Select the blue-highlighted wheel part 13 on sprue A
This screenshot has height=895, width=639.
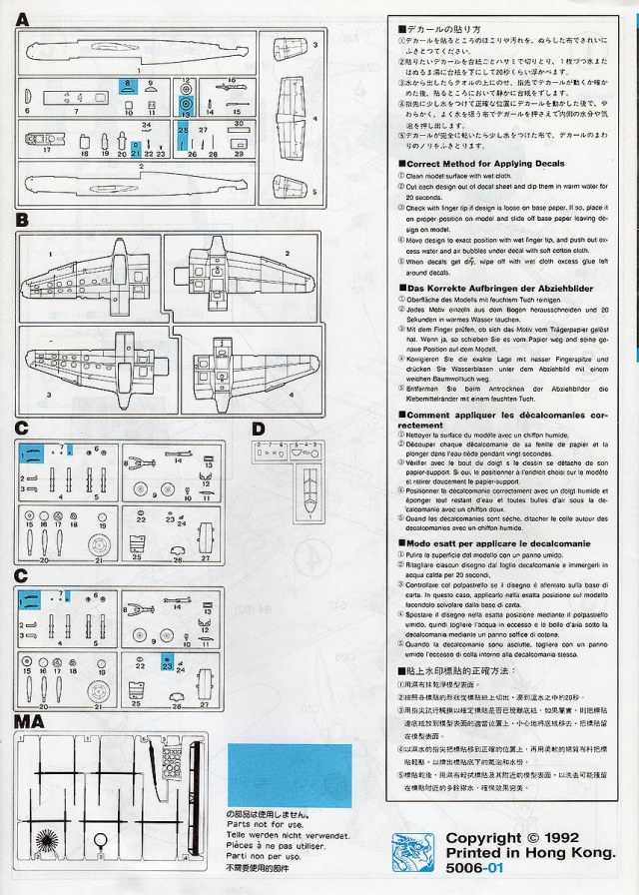point(186,102)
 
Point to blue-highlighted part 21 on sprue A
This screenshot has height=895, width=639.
point(136,150)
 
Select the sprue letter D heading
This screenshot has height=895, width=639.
point(259,430)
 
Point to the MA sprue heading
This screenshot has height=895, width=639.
point(27,721)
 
